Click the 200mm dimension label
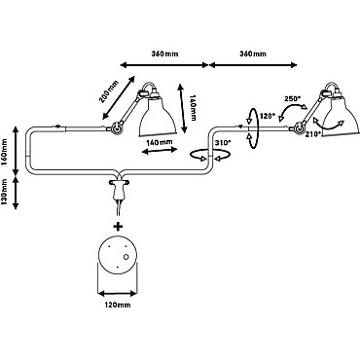pyautogui.click(x=109, y=92)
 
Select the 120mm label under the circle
pyautogui.click(x=118, y=305)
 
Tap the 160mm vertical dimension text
pyautogui.click(x=4, y=152)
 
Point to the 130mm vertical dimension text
pyautogui.click(x=4, y=192)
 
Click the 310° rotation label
pyautogui.click(x=223, y=142)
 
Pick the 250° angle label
pyautogui.click(x=293, y=98)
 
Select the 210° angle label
pyautogui.click(x=313, y=133)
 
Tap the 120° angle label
pyautogui.click(x=268, y=115)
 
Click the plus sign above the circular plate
pyautogui.click(x=119, y=226)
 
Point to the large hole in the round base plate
pyautogui.click(x=126, y=257)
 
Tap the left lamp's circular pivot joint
pyautogui.click(x=116, y=127)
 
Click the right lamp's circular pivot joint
pyautogui.click(x=299, y=127)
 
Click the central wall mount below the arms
pyautogui.click(x=119, y=190)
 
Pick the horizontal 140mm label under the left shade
pyautogui.click(x=159, y=142)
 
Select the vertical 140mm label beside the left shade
pyautogui.click(x=193, y=108)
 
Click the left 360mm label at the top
pyautogui.click(x=164, y=54)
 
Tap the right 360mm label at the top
pyautogui.click(x=253, y=54)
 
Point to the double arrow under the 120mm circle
pyautogui.click(x=118, y=294)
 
